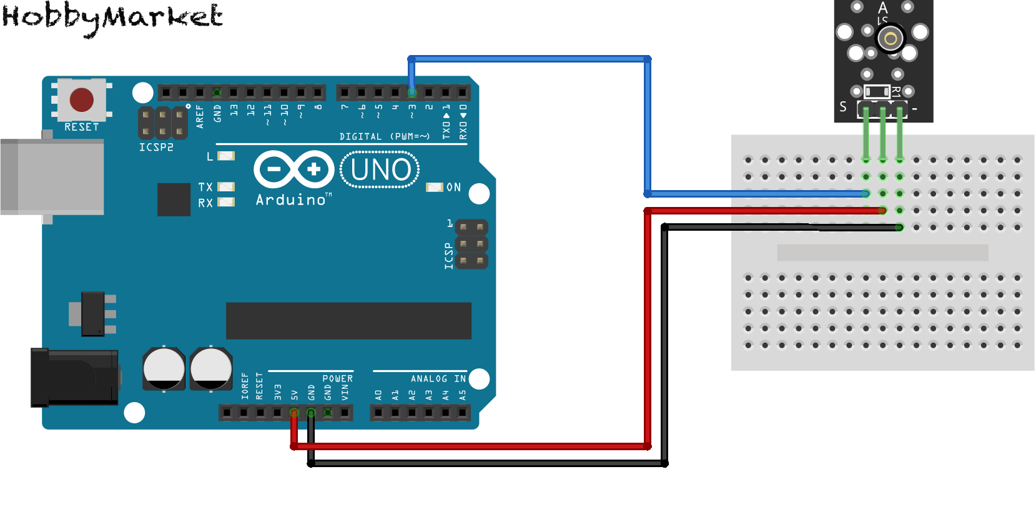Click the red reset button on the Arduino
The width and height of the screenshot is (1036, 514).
[82, 99]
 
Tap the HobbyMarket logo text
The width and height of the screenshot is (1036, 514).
[112, 18]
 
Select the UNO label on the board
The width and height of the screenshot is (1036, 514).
[380, 169]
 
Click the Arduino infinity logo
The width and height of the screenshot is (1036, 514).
[294, 169]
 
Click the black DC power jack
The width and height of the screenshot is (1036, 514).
[74, 378]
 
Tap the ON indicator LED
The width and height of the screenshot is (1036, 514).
[434, 187]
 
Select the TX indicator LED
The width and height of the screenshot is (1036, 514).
[226, 187]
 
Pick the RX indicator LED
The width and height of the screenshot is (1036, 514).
[226, 202]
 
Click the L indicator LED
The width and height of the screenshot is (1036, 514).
[226, 156]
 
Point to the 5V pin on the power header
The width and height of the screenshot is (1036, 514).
[294, 413]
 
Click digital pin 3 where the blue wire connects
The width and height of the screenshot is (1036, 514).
[412, 93]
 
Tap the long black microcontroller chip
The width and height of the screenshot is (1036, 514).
[348, 321]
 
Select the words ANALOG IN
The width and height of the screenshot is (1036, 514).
[438, 379]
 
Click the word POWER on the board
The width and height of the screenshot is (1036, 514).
[337, 379]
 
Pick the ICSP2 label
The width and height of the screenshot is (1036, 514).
[156, 148]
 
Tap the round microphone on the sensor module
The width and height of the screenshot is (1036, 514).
[891, 39]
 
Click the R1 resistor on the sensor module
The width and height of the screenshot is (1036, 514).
[877, 91]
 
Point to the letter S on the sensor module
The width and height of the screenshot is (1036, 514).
[843, 107]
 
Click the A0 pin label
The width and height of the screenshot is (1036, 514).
[378, 395]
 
